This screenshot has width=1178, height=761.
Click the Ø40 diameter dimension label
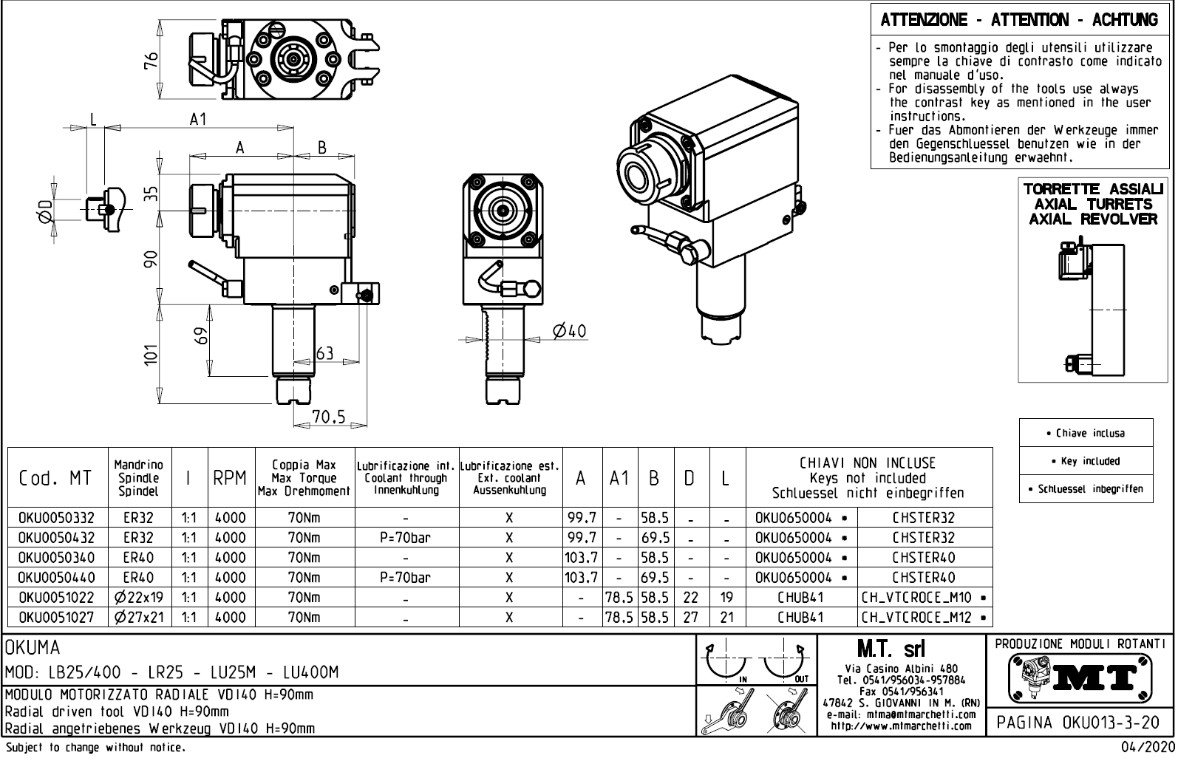(x=570, y=331)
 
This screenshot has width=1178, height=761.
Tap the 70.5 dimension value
(x=329, y=417)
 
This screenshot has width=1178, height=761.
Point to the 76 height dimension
(x=151, y=61)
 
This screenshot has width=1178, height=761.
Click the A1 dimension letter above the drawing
(x=197, y=119)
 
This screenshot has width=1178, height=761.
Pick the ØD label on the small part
(x=47, y=210)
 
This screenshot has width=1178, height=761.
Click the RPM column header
(x=230, y=478)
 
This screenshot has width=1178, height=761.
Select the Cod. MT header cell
(x=56, y=478)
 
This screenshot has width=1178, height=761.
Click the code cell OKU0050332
(x=57, y=518)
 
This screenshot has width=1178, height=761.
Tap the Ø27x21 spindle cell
(x=139, y=617)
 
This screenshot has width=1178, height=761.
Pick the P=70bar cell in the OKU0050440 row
(x=406, y=577)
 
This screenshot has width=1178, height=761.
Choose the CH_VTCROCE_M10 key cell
(x=924, y=597)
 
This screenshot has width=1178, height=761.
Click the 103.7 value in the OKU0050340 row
(x=581, y=557)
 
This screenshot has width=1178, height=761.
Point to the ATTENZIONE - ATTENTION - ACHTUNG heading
(x=1019, y=20)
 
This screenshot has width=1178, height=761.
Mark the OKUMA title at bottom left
(x=33, y=648)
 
